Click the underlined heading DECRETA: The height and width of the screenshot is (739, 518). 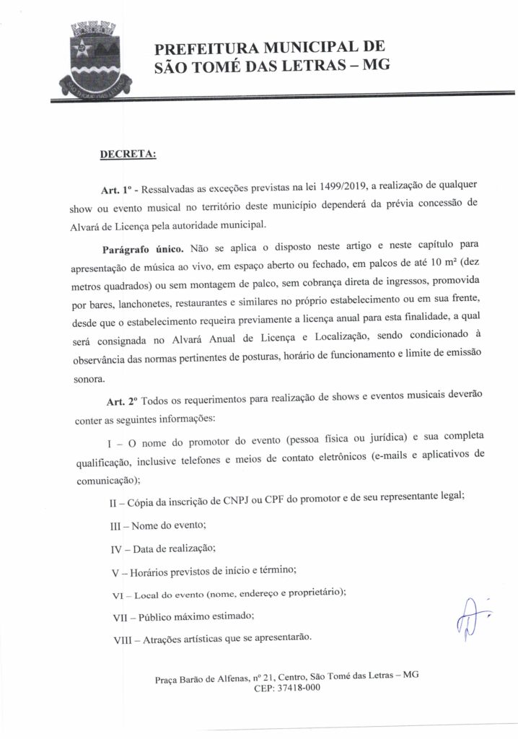[126, 154]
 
